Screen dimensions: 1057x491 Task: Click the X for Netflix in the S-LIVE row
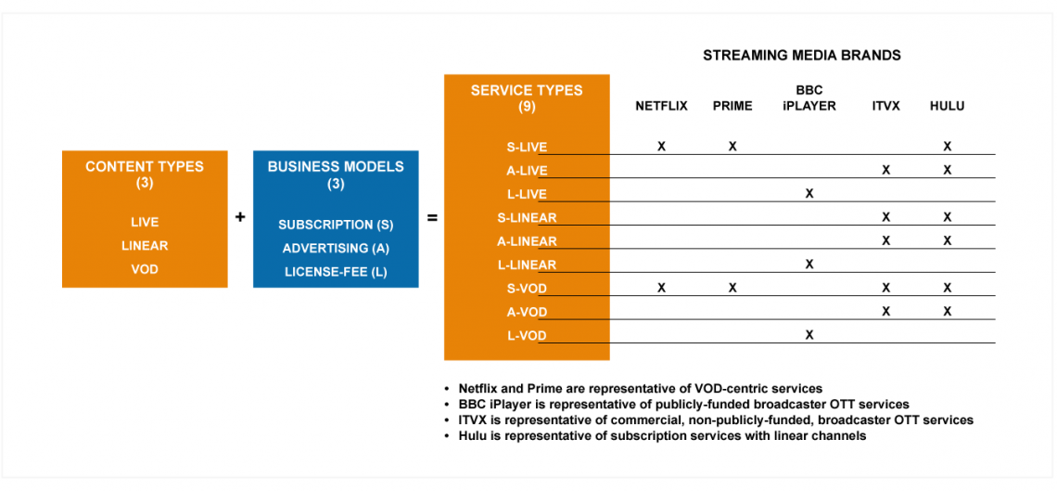click(x=661, y=147)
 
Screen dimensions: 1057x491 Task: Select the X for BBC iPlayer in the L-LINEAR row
click(x=809, y=265)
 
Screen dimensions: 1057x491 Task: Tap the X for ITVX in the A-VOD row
click(x=885, y=311)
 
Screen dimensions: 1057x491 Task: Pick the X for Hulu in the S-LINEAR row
click(x=947, y=217)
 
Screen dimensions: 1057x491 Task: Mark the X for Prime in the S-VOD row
click(x=732, y=288)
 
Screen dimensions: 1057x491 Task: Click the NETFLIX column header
click(x=661, y=107)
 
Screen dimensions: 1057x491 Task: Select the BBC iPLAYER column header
click(x=809, y=98)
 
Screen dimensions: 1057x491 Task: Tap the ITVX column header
click(x=885, y=107)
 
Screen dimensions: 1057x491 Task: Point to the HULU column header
click(x=947, y=107)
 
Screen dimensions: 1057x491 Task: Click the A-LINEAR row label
click(x=528, y=240)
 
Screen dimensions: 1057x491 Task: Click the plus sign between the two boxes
click(x=240, y=218)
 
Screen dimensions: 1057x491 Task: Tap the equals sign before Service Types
click(x=432, y=218)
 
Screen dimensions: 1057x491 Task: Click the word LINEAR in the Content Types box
click(x=145, y=245)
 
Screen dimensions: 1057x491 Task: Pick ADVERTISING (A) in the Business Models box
click(x=336, y=248)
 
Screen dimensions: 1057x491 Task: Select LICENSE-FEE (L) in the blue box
click(x=336, y=271)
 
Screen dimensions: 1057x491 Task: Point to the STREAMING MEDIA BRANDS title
click(x=802, y=56)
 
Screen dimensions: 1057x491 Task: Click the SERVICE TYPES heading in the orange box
click(x=527, y=90)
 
